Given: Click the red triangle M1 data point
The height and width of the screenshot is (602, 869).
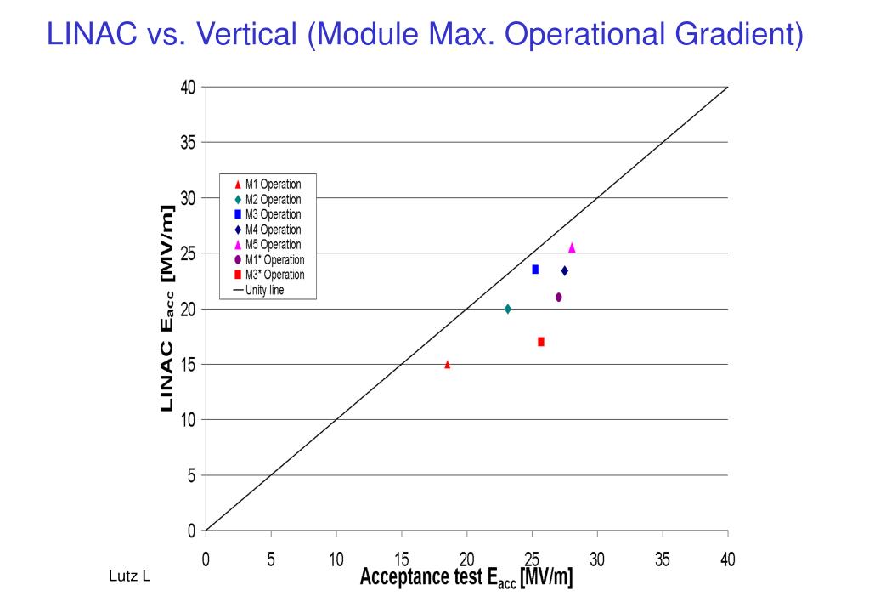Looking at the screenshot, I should [448, 365].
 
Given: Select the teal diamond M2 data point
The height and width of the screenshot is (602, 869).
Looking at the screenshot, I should [507, 309].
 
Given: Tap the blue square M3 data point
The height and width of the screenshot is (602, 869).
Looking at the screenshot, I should [535, 270].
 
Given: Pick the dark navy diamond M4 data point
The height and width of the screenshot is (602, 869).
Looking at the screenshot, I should [564, 270].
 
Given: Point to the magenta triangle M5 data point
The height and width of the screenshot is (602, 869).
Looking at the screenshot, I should [572, 247].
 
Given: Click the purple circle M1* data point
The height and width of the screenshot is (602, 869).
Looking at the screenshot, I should [558, 297].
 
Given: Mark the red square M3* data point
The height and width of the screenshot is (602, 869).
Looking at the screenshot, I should [541, 342].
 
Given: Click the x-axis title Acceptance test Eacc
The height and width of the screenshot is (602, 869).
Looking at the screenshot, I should [466, 578].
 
